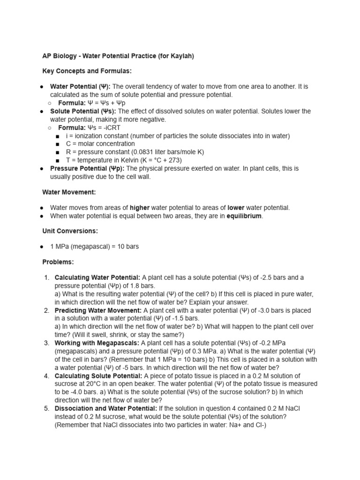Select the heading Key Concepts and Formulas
(x=87, y=71)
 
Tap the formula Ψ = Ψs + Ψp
(x=106, y=103)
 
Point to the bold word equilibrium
(x=244, y=216)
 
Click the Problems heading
(x=58, y=262)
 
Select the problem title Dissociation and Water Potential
(x=106, y=408)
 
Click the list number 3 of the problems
(x=47, y=343)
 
